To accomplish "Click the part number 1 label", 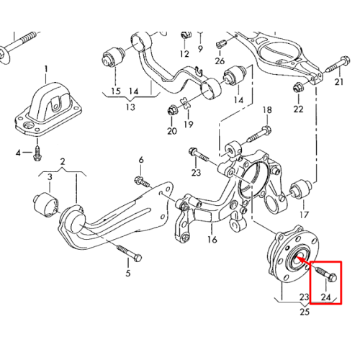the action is click(46, 70).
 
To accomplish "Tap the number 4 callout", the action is click(18, 153).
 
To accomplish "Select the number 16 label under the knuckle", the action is click(212, 240).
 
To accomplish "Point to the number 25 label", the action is click(305, 312).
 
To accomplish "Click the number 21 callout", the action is click(339, 82).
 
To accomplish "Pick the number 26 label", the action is click(220, 61).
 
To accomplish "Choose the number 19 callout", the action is click(189, 125).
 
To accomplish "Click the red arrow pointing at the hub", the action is click(305, 262).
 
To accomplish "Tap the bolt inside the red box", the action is click(326, 274).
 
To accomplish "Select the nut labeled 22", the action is click(298, 87).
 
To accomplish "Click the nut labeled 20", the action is click(172, 110).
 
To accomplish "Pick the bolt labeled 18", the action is click(259, 134).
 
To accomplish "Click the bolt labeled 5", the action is click(129, 253).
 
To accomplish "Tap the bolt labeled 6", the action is click(142, 181).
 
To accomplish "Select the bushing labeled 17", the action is click(301, 190).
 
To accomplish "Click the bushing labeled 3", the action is click(45, 204).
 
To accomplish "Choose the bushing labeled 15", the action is click(113, 57).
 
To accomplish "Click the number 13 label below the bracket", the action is click(131, 107).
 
